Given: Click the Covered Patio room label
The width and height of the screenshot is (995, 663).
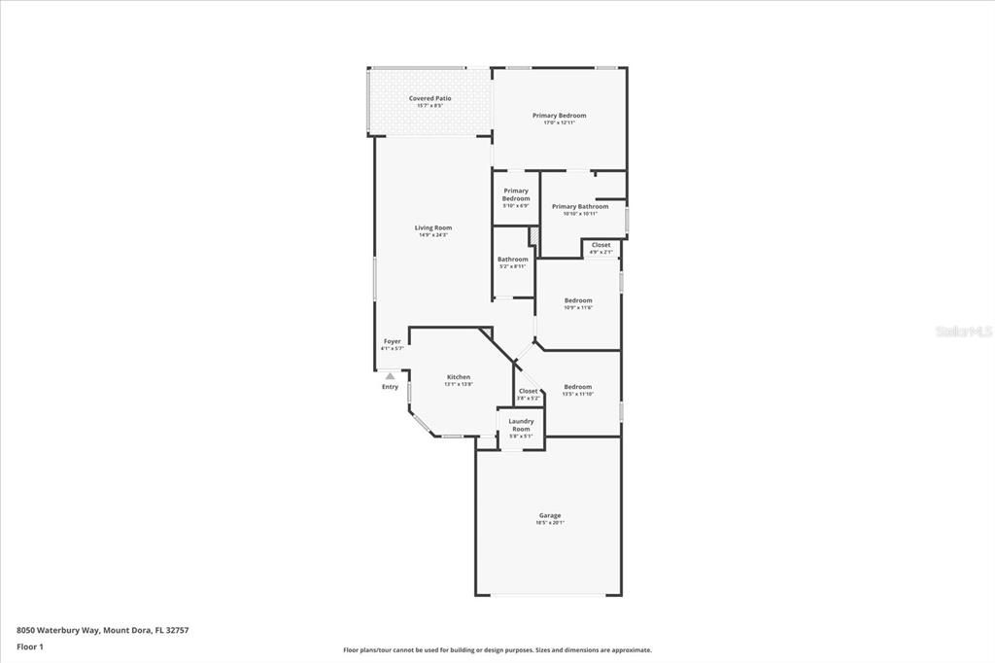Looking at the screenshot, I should pos(429,98).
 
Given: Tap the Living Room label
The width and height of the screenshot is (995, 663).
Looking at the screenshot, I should pos(435,227).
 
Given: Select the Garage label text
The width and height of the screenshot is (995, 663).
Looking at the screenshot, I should pos(550,515).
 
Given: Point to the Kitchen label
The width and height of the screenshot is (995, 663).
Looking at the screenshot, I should pos(459,377).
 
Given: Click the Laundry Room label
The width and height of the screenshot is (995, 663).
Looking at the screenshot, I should pos(521,425).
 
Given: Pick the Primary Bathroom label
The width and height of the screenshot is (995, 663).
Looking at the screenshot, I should pos(580,206).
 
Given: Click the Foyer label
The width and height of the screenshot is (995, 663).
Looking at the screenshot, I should pos(392,341).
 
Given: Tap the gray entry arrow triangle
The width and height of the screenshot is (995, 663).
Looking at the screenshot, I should pos(390,375).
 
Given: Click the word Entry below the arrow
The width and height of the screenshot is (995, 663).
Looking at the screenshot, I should pos(390,387).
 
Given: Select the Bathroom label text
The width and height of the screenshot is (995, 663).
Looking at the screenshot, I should pos(513,260).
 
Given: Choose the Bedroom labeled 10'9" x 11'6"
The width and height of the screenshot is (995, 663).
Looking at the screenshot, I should pos(578,300).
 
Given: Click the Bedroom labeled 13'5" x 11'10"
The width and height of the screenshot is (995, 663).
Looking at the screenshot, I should pos(577,387).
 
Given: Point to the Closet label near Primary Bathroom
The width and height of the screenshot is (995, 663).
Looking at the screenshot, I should pos(601,245).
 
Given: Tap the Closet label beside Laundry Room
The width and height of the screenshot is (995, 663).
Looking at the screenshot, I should pos(528,391).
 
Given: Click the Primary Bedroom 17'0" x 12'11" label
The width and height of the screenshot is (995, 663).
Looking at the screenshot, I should pos(559,116).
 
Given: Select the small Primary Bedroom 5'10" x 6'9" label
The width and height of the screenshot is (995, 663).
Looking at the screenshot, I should pos(516,194).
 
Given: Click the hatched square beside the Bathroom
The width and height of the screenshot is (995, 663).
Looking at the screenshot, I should pos(533,236).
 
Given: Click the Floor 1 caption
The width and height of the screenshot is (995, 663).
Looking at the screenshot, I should pos(30,646).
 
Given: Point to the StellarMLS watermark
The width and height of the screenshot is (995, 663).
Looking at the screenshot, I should pos(964,331).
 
